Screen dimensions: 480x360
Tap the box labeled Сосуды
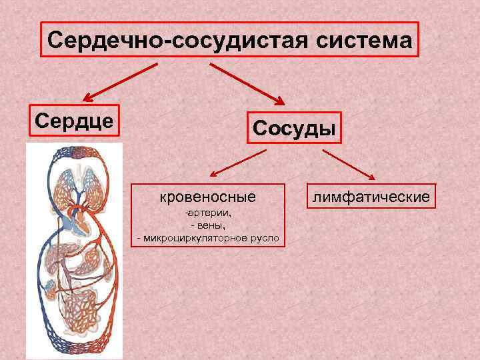coord(294,127)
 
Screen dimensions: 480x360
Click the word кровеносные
coord(208,197)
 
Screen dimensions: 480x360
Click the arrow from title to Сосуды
coord(247,83)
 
